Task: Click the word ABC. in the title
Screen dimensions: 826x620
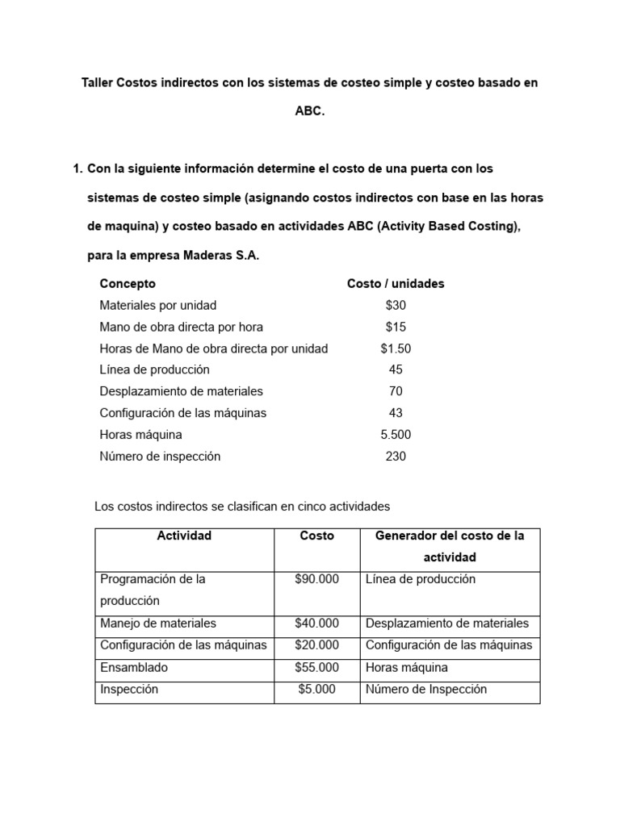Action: [x=310, y=112]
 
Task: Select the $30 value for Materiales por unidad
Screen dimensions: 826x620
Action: [x=396, y=306]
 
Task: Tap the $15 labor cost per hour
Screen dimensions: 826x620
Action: [x=396, y=327]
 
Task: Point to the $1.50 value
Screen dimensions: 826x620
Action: [x=396, y=348]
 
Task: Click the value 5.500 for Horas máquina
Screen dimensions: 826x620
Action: [x=396, y=435]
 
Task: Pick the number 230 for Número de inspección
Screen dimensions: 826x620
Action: [x=396, y=457]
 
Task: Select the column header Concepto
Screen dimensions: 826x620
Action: [x=128, y=284]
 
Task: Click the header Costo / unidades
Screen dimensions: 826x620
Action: [x=396, y=284]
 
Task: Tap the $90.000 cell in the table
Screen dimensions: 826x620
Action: [x=317, y=579]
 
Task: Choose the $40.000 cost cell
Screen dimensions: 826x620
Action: [x=317, y=624]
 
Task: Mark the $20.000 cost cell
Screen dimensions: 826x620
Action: [x=317, y=645]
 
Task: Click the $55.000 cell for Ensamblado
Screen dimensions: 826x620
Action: [x=317, y=668]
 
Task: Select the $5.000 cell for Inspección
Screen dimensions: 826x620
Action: [x=317, y=690]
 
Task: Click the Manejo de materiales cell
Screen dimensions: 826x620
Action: [x=157, y=624]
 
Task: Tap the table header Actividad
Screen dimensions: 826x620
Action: [x=184, y=536]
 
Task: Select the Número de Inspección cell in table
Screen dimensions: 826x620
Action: [x=426, y=690]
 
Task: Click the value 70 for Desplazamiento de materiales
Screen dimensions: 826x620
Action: [x=396, y=391]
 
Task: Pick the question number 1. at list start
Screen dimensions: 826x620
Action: [x=77, y=169]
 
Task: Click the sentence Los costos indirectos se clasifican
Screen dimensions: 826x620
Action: [x=242, y=507]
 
